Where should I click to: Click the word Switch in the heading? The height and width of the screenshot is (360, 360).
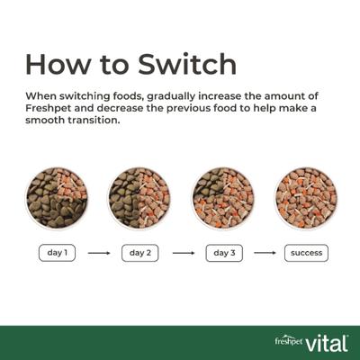click(184, 64)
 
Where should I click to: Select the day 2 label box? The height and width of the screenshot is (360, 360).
click(139, 253)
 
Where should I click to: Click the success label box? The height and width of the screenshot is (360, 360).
click(306, 253)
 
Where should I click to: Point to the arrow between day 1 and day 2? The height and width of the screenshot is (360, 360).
click(99, 253)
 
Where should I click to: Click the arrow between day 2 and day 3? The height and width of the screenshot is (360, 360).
click(183, 253)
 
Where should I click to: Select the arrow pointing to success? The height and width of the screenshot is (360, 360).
click(265, 253)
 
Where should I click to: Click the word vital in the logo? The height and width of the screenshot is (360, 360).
click(328, 342)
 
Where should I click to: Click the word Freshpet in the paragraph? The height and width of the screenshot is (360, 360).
click(49, 109)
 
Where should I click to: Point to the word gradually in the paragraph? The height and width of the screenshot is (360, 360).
click(179, 95)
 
